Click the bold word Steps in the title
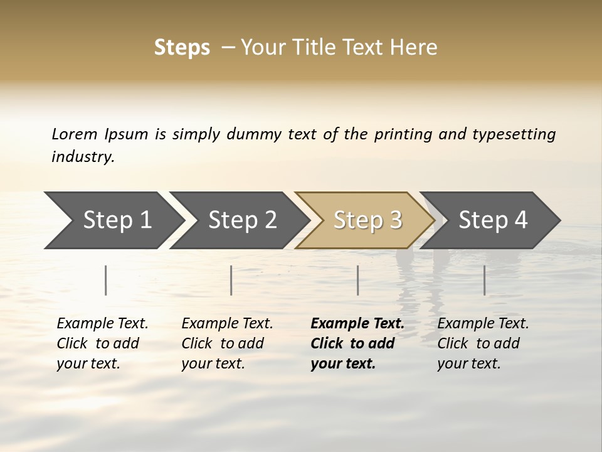[182, 48]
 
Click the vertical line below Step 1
[106, 280]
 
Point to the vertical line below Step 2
[231, 280]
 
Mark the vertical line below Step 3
[357, 280]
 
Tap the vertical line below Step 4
[484, 280]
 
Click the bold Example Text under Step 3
[357, 324]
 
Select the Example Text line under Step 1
[102, 324]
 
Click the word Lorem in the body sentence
[75, 134]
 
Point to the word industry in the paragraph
[83, 157]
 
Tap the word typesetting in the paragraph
[514, 134]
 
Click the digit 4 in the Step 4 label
[520, 220]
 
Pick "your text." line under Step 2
[213, 363]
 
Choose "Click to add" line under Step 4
[478, 343]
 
